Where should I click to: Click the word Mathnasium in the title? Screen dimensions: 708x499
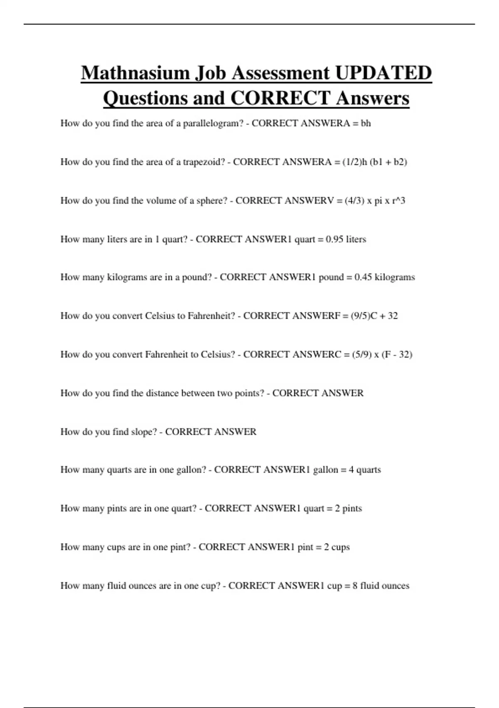(135, 73)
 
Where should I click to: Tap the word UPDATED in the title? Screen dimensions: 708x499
(383, 73)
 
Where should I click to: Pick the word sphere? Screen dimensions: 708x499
(212, 201)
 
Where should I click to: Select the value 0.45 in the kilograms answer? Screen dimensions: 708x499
(363, 277)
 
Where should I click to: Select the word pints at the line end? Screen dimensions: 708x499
(352, 509)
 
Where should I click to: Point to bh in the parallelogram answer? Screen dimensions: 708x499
(366, 123)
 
